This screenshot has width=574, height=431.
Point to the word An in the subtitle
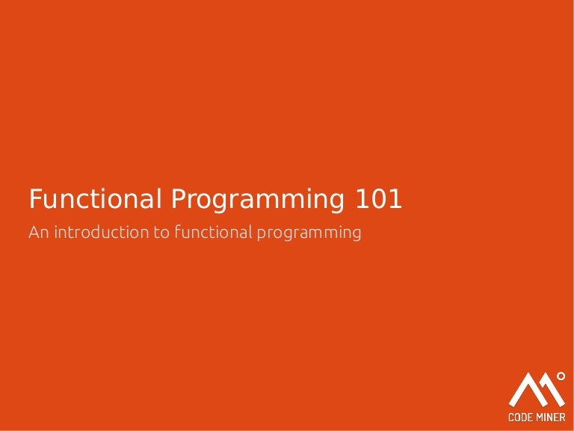coord(37,233)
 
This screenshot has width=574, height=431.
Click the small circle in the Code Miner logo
coord(560,375)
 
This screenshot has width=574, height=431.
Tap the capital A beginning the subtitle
coord(34,233)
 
